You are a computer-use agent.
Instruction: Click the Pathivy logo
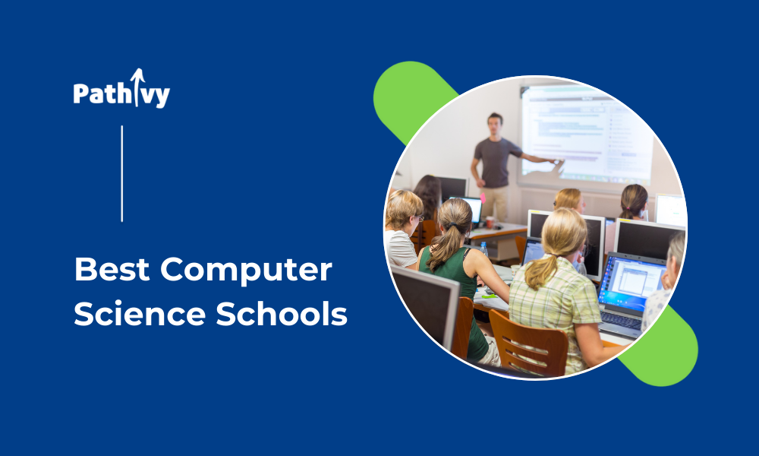coord(121,89)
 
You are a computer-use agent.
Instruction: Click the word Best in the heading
coord(112,270)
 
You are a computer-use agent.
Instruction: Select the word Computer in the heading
coord(247,271)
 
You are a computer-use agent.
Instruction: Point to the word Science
coord(140,314)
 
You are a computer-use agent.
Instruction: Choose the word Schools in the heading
coord(282,313)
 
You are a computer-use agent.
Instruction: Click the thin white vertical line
coord(122,173)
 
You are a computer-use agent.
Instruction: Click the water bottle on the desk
coord(483,249)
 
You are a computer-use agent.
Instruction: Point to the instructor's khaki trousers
coord(495,204)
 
